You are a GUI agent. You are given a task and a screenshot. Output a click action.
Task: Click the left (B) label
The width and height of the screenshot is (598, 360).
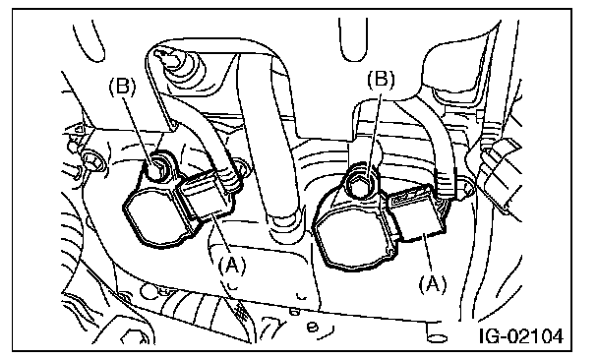tap(122, 87)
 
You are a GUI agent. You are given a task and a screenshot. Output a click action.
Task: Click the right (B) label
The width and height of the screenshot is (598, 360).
tap(381, 80)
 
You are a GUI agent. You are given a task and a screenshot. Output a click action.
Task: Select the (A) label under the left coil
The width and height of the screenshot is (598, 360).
tap(232, 265)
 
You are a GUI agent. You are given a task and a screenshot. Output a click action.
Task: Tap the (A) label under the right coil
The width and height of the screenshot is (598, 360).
tap(433, 284)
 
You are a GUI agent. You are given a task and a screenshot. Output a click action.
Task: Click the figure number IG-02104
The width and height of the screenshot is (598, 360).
tap(521, 336)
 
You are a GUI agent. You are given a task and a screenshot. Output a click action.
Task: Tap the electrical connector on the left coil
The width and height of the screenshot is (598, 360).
tap(207, 198)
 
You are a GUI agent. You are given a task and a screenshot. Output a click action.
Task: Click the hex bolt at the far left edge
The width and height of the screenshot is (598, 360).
tap(92, 162)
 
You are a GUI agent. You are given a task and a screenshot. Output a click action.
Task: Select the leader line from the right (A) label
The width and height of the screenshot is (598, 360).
tap(428, 254)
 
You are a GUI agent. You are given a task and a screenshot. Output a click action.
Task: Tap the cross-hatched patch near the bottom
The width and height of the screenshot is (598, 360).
tap(241, 310)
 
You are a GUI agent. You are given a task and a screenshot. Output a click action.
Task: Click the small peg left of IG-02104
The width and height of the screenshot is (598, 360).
tap(435, 331)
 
